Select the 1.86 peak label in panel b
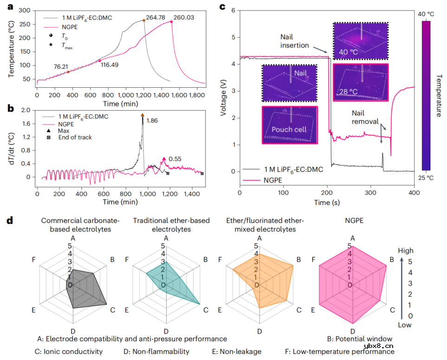[153, 121]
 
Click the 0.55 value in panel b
[175, 159]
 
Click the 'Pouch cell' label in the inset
[289, 129]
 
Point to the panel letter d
[9, 220]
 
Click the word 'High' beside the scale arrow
[405, 251]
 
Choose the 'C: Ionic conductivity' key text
[69, 352]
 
